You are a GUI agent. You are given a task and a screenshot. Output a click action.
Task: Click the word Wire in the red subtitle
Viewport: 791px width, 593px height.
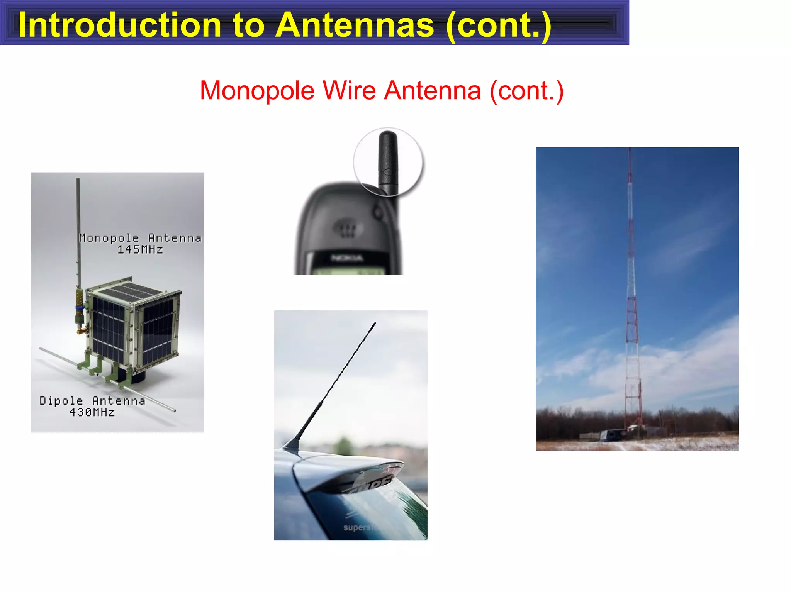click(x=349, y=91)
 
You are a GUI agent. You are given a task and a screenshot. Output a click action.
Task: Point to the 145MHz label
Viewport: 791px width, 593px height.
click(x=140, y=250)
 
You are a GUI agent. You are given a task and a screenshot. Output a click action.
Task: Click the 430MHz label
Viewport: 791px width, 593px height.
click(x=92, y=412)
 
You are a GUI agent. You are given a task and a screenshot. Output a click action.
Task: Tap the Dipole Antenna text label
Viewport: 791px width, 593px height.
click(x=92, y=401)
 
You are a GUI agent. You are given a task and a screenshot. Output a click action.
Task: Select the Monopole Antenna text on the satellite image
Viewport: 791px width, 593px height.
click(x=140, y=238)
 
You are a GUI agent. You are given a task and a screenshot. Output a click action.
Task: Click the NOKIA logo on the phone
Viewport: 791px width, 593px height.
click(x=347, y=258)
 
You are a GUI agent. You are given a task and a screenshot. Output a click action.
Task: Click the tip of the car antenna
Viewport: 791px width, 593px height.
click(x=375, y=324)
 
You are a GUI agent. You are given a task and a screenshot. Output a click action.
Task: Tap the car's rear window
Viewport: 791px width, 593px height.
click(x=371, y=510)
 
